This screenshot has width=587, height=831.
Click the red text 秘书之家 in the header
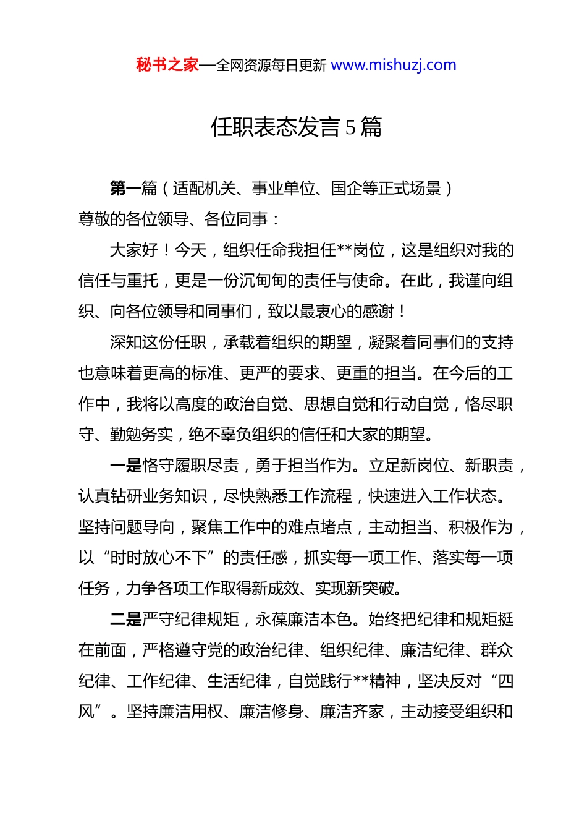click(x=167, y=65)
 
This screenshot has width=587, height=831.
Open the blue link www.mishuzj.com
click(x=394, y=65)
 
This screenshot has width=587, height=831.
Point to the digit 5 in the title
click(x=350, y=127)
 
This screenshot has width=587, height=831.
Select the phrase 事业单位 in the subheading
click(x=284, y=188)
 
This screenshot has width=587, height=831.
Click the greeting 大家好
click(x=134, y=250)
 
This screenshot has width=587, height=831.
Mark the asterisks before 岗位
click(x=344, y=250)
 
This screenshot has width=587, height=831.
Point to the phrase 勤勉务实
click(x=142, y=435)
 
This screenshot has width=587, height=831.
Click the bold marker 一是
click(x=125, y=466)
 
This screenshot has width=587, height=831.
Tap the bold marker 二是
click(x=125, y=620)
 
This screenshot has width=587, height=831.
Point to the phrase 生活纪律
click(x=239, y=681)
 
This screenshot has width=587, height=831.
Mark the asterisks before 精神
click(x=360, y=681)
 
